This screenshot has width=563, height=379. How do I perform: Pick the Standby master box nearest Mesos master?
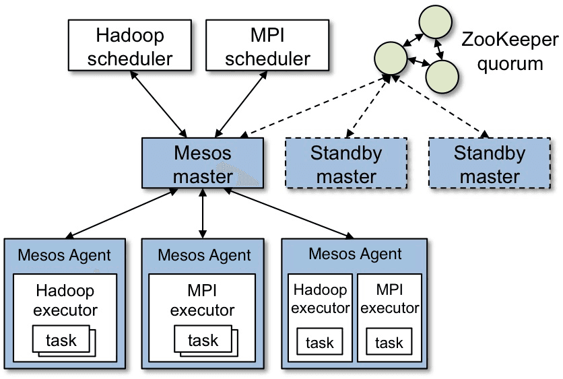point(346,164)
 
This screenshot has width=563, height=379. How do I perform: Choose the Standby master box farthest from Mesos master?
point(490,164)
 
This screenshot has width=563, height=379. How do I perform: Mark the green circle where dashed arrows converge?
point(391,59)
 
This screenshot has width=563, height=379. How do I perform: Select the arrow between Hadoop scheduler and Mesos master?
point(159,102)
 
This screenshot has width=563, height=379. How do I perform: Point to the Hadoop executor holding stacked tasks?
point(65,301)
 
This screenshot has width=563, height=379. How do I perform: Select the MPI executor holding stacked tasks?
point(202,301)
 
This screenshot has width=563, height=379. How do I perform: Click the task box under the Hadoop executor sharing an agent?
point(319,343)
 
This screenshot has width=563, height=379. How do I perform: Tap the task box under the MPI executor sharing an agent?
point(389,343)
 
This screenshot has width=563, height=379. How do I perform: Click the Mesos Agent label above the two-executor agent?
point(355,254)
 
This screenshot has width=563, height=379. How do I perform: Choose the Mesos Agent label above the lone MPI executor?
point(204,255)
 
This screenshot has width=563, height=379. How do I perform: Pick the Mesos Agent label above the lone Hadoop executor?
point(64,255)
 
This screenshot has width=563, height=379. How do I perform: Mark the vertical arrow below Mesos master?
point(203,211)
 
